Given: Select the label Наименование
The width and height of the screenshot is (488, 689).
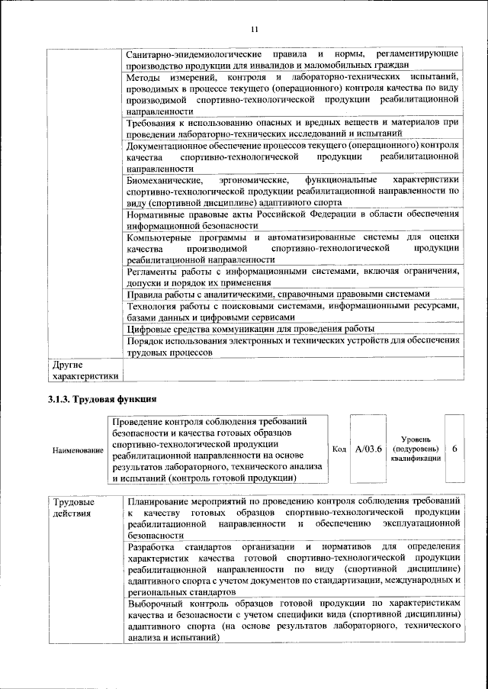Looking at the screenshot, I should (78, 450).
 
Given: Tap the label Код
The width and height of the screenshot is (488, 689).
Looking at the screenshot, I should (339, 449).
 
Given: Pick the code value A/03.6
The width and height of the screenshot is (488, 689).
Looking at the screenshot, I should (368, 449).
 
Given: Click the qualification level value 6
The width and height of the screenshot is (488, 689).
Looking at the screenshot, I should (454, 449).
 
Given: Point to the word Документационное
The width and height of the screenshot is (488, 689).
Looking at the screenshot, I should (169, 145).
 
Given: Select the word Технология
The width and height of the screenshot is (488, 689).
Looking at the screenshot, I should (152, 306).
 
